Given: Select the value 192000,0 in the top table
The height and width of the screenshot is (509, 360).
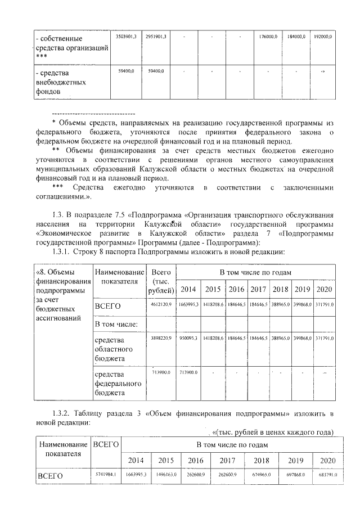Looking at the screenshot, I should click(322, 37).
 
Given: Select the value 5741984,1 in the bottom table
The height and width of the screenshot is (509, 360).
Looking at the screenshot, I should click(106, 475).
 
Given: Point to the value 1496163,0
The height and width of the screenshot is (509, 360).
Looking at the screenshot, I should click(166, 475).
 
